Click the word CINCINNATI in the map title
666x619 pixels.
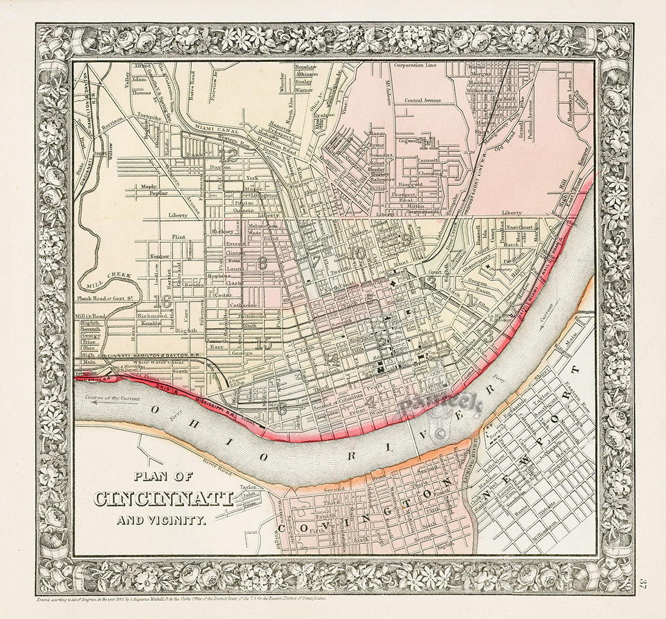coord(163,498)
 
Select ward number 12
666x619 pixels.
coord(228,155)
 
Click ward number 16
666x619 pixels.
coord(162,300)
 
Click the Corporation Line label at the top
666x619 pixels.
coord(415,65)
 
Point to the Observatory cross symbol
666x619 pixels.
coord(487,266)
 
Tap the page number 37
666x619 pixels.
coord(644,586)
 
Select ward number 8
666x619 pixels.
coord(262,263)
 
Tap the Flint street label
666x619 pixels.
coord(178,237)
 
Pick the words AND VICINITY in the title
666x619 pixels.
coord(162,519)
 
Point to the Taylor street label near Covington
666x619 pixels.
coord(248,486)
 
